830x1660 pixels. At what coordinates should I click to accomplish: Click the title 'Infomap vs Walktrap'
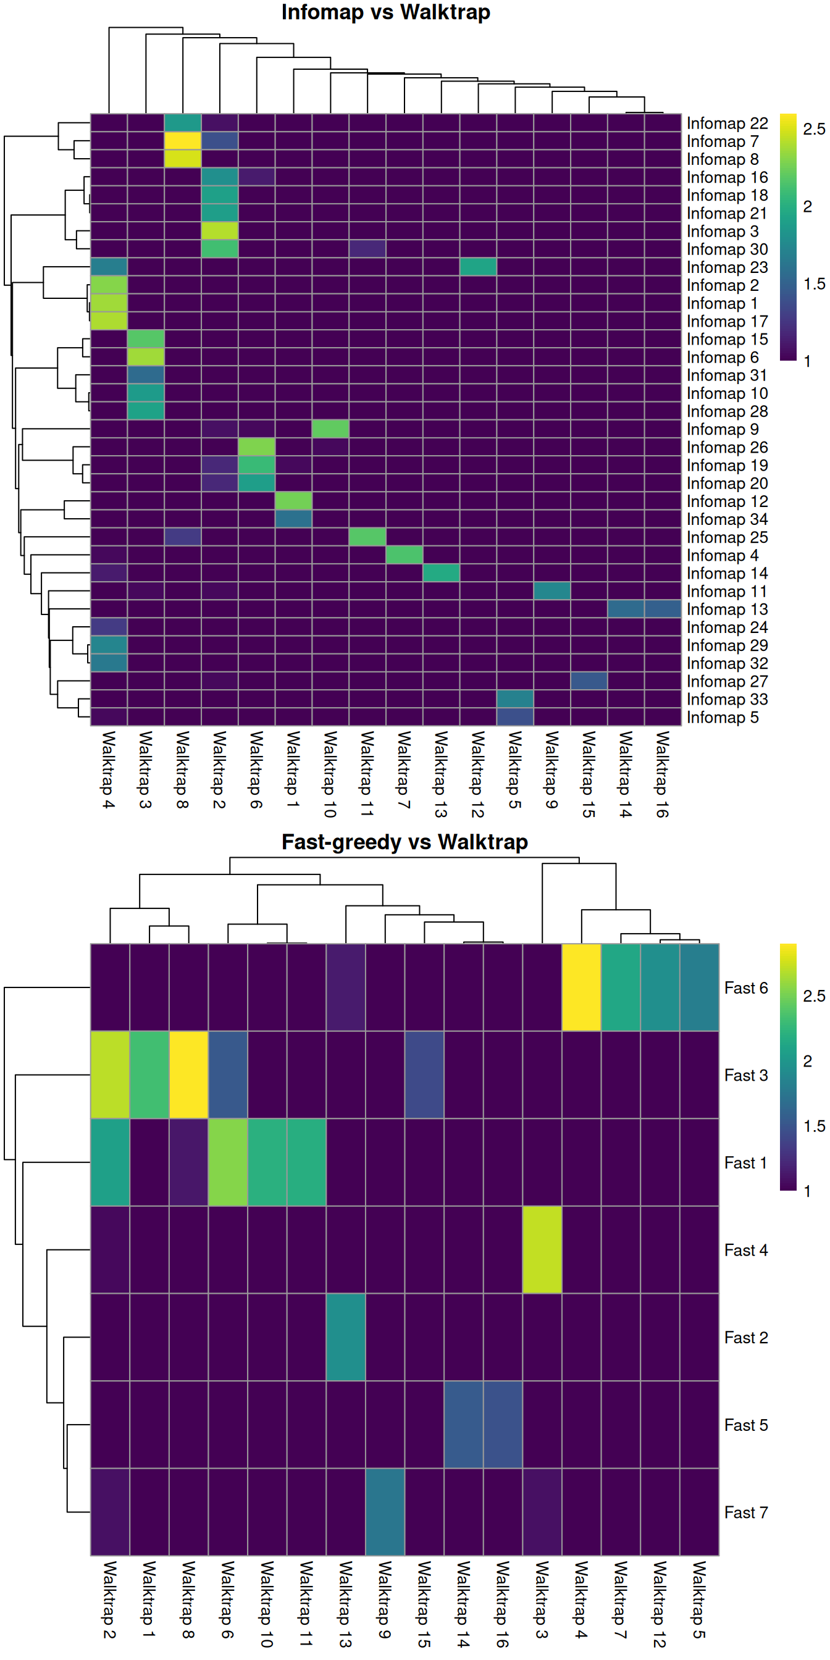(x=385, y=12)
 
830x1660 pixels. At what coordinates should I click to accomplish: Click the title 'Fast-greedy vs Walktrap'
(x=404, y=842)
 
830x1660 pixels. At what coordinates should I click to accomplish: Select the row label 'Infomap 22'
(x=727, y=123)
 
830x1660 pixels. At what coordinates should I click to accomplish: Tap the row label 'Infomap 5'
(x=722, y=717)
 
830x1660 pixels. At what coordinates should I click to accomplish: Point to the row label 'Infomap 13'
(x=727, y=609)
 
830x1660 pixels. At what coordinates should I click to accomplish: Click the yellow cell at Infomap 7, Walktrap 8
(x=182, y=140)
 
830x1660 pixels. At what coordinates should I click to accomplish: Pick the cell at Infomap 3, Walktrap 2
(x=220, y=231)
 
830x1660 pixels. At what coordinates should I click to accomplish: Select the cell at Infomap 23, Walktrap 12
(x=478, y=267)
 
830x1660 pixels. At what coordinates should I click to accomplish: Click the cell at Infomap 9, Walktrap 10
(x=330, y=429)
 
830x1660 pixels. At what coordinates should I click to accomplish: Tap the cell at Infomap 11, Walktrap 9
(x=552, y=590)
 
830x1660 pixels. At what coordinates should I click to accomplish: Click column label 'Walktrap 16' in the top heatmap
(x=663, y=774)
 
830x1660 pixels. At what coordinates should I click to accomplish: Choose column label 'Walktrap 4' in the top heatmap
(x=108, y=769)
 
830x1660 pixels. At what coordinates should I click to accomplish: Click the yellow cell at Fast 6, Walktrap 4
(x=581, y=987)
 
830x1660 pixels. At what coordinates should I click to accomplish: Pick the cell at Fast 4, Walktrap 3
(x=542, y=1249)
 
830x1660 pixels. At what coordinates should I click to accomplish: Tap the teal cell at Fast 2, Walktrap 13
(x=346, y=1336)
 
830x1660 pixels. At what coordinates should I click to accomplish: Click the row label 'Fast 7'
(x=745, y=1512)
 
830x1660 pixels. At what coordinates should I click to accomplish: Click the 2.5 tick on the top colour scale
(x=813, y=129)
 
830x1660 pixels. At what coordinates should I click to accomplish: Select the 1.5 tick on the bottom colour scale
(x=813, y=1126)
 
